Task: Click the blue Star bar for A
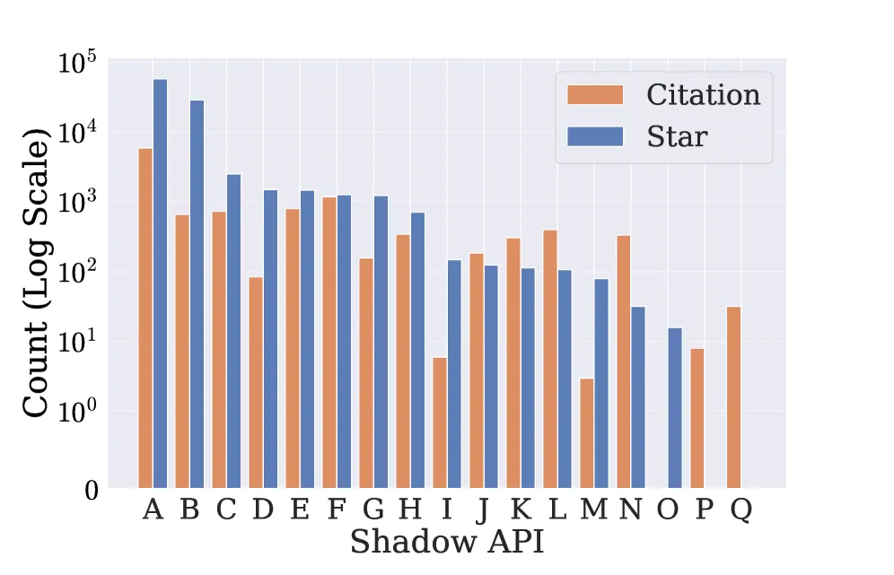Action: click(x=160, y=283)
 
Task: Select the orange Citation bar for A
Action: click(x=145, y=318)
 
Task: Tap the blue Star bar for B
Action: click(x=197, y=294)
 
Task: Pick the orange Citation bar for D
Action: click(x=256, y=383)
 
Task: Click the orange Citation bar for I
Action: click(x=440, y=423)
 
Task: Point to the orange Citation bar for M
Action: click(x=587, y=433)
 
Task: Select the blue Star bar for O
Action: click(x=675, y=408)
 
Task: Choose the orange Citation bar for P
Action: click(x=697, y=418)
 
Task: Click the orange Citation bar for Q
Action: click(x=734, y=397)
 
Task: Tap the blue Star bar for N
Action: click(x=638, y=397)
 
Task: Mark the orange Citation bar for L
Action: click(x=550, y=359)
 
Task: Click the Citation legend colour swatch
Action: click(x=594, y=94)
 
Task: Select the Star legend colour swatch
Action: click(x=594, y=135)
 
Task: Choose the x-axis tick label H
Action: click(x=410, y=510)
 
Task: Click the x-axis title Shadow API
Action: click(x=446, y=543)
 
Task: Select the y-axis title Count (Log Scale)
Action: click(x=36, y=273)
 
